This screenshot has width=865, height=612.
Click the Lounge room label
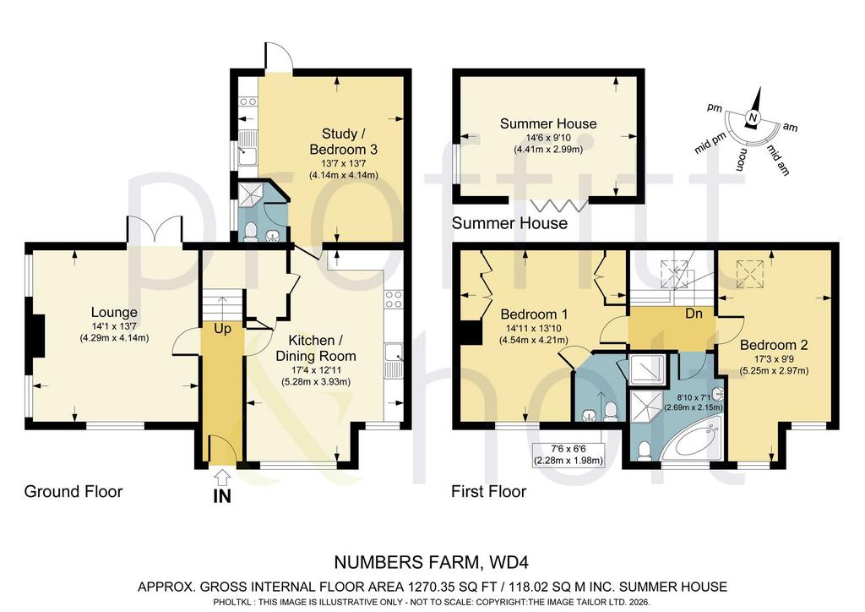[x=114, y=313]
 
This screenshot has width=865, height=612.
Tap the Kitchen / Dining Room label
[x=316, y=347]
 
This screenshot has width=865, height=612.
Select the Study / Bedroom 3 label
[x=343, y=141]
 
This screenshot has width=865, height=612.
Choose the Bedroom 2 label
[x=774, y=345]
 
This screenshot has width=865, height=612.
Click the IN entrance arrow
[x=222, y=475]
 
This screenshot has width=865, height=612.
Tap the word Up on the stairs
[x=222, y=329]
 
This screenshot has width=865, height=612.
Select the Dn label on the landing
[x=694, y=314]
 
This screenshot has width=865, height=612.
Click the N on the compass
[x=753, y=117]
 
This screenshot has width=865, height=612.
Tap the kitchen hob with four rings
[x=394, y=299]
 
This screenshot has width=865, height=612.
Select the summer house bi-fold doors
[x=559, y=205]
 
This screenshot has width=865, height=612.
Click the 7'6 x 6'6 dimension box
[x=568, y=456]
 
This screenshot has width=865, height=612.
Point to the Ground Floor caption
[x=73, y=491]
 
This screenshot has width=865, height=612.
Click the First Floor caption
[x=489, y=491]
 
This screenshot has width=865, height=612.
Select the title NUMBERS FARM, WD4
[x=432, y=562]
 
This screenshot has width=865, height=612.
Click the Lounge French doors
[x=155, y=231]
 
